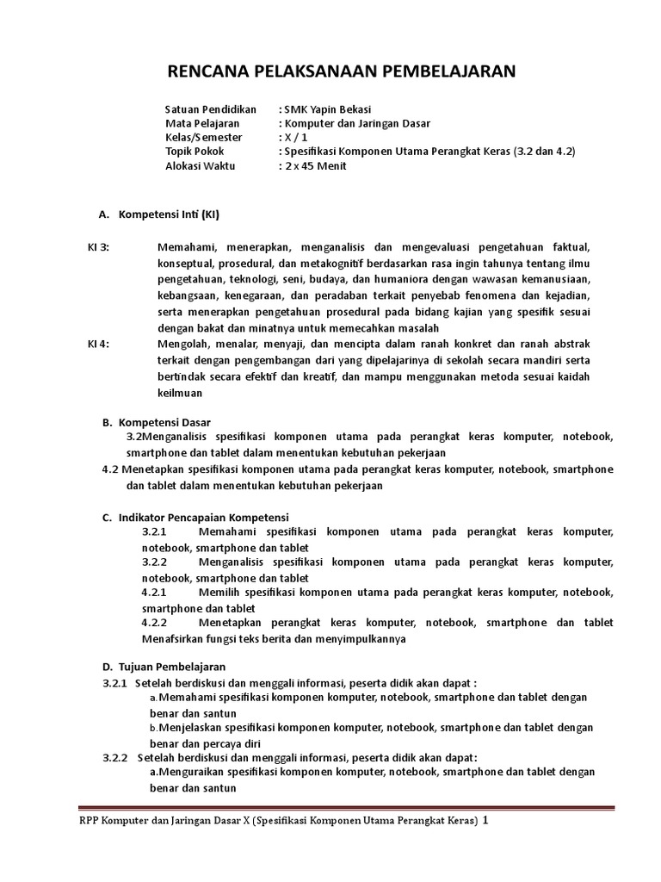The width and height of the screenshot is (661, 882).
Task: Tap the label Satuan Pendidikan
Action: (210, 109)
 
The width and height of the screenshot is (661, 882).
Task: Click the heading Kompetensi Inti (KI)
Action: (175, 214)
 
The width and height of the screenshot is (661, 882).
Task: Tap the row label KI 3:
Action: (99, 247)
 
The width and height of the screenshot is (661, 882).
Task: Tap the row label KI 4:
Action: (99, 344)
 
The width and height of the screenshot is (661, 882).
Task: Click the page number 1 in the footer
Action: (485, 821)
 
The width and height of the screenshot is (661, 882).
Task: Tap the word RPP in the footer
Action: (90, 822)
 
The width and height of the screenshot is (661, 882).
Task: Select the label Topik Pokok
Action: (195, 152)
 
